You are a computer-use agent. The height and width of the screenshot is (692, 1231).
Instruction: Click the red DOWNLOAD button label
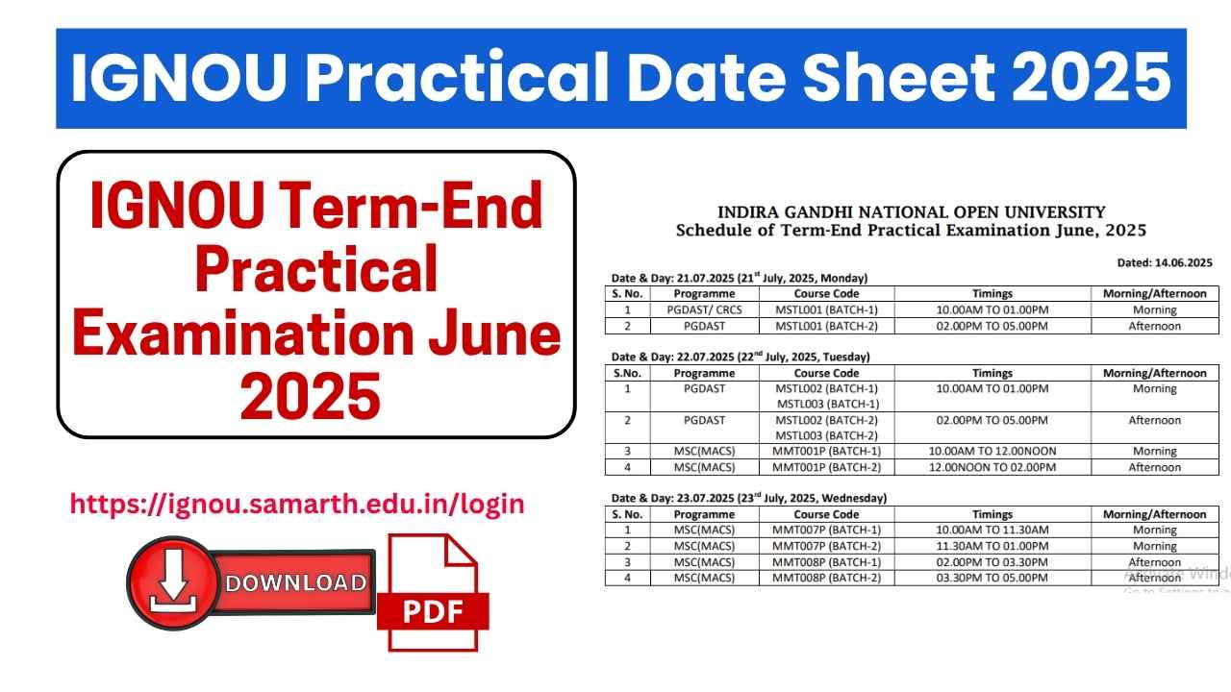(295, 582)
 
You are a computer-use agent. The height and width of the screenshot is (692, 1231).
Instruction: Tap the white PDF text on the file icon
(433, 610)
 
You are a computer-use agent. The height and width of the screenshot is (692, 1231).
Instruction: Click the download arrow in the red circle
(173, 581)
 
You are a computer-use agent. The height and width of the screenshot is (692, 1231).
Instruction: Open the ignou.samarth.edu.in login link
(297, 505)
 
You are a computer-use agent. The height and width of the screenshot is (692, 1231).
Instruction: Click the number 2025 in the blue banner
(1092, 78)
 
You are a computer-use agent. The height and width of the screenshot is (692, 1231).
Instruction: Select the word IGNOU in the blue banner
(179, 78)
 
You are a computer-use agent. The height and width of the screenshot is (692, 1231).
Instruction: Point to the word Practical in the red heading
(316, 269)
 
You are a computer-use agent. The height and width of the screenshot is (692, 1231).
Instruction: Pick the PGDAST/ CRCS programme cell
(705, 309)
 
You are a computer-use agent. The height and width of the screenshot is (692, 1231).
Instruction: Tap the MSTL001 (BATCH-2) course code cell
(826, 326)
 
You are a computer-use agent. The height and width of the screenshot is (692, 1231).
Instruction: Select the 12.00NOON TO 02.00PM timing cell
(992, 467)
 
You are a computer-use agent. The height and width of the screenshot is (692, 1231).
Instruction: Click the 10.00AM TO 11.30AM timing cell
(992, 530)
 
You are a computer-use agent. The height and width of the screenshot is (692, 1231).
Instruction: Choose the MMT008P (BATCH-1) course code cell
(826, 562)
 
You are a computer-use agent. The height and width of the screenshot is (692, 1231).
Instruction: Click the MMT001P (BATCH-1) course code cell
(826, 452)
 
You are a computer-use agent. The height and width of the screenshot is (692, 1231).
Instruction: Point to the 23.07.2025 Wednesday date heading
(749, 498)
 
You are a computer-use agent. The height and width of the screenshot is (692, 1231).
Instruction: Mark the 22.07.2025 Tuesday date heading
(741, 357)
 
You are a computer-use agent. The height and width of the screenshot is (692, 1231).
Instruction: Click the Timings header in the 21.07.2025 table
(992, 294)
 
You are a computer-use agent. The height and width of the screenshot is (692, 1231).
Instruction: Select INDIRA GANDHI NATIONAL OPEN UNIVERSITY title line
(911, 212)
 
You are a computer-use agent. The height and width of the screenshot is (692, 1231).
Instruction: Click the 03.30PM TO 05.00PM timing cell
(992, 578)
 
